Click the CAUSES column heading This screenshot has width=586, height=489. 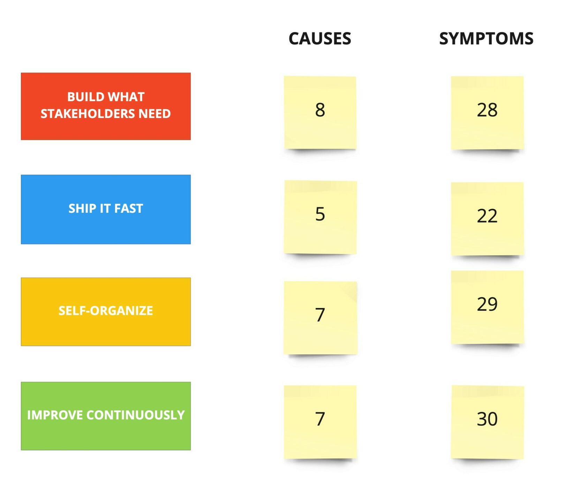[320, 38]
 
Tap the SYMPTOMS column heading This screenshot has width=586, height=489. [486, 38]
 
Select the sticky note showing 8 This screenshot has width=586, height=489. [320, 112]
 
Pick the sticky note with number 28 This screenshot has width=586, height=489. [487, 113]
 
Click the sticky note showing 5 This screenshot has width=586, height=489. [320, 217]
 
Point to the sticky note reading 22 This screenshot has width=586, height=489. [487, 219]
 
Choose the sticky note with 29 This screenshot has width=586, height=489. [487, 307]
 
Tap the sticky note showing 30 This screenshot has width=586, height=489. [487, 422]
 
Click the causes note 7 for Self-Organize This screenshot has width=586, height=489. [320, 318]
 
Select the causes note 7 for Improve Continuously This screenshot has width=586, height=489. [320, 422]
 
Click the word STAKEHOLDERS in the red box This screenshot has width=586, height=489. [88, 114]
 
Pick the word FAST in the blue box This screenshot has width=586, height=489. [129, 208]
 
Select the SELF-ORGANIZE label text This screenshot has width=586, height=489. [106, 310]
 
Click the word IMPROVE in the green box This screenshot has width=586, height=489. [55, 415]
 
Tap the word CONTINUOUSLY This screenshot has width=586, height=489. [135, 415]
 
